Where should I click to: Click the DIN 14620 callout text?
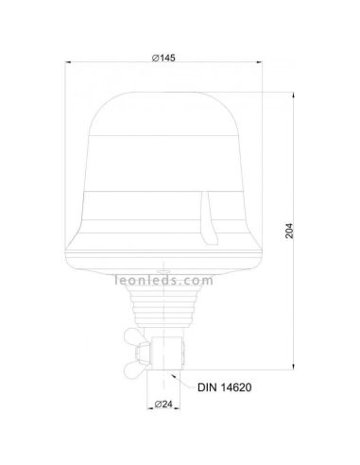[x=226, y=387]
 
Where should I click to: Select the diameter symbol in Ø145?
[x=154, y=59]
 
